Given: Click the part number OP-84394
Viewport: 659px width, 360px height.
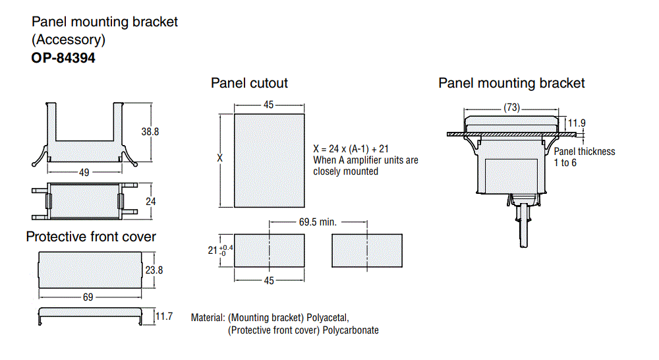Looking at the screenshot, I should pos(63,58).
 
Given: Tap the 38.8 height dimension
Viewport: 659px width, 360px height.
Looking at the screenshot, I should pos(150,131).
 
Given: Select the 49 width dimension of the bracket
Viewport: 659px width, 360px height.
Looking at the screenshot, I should pos(84,172).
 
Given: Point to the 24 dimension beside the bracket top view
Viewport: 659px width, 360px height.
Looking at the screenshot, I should pos(150,200).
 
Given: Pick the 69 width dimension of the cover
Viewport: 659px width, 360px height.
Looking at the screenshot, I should pos(88,297).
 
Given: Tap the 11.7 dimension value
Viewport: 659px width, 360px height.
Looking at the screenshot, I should pos(163,317).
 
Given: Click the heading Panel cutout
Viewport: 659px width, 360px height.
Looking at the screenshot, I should pos(249,83).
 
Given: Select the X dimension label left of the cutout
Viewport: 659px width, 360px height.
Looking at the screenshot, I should pos(219,158).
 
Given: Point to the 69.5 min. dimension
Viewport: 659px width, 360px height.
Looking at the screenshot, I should pos(318,222).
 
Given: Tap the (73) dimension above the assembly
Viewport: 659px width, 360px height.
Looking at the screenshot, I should pos(511,107).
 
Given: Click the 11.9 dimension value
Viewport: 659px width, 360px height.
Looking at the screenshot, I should pos(577,123).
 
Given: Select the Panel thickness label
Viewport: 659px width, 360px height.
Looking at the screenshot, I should pos(584,151).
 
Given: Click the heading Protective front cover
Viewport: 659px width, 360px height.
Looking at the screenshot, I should pos(91,237).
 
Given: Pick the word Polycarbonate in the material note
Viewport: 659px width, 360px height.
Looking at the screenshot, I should pos(351,330).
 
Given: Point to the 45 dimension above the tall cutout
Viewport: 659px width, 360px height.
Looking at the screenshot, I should pos(269,105).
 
